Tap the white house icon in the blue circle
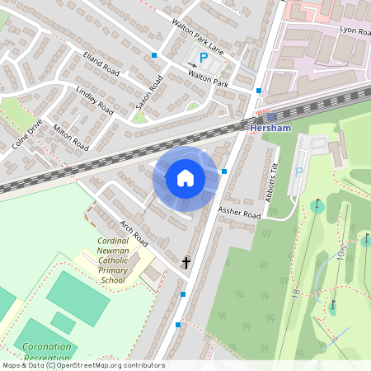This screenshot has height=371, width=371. coord(185,178)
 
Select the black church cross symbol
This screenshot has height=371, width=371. coord(185,263)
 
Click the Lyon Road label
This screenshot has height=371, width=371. coord(357,29)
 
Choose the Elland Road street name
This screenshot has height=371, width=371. coord(101,63)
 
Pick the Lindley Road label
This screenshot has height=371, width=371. coord(93,97)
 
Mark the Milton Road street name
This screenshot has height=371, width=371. coord(70,133)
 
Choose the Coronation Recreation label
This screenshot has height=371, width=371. coord(46,353)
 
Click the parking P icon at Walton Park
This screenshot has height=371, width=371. coord(204,57)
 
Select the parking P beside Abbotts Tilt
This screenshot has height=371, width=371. coord(299,172)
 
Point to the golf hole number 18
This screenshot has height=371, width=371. coord(295,292)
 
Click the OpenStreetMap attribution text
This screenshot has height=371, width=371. coord(82,365)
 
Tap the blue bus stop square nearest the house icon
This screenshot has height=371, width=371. coord(224,171)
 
